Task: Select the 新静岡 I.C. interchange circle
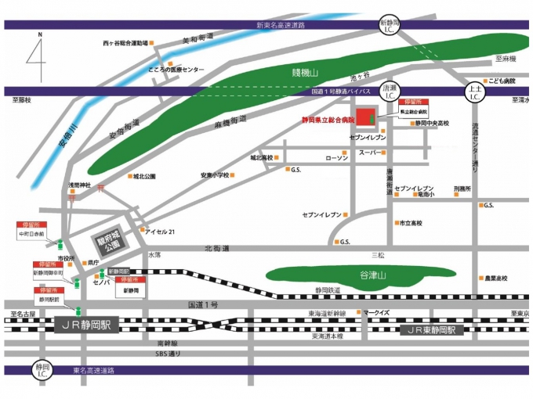[x=389, y=25]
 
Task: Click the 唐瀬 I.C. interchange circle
[x=389, y=91]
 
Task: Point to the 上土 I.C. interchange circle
[x=475, y=92]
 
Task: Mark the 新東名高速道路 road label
[x=291, y=25]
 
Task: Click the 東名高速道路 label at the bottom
[x=99, y=370]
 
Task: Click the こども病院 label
[x=501, y=81]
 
